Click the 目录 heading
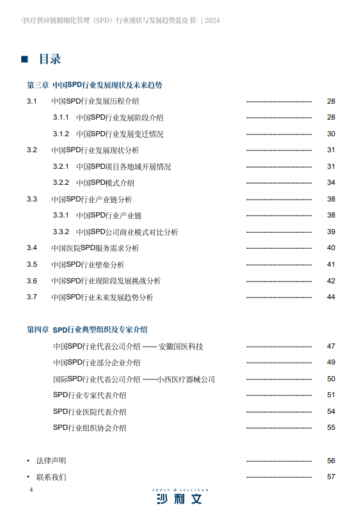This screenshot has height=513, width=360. tap(50, 59)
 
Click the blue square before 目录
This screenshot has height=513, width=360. tap(25, 59)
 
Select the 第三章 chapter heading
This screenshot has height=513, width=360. tap(94, 85)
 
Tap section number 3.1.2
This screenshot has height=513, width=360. tap(61, 134)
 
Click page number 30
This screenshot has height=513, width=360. tap(331, 134)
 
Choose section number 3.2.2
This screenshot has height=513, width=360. tap(61, 183)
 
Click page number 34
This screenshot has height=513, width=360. tap(331, 183)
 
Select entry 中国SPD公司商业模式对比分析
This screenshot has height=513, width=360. tap(127, 232)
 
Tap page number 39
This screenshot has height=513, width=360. tap(331, 232)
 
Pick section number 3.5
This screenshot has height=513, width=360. tap(32, 265)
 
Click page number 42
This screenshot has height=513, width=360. tap(331, 281)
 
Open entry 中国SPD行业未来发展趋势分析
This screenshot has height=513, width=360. tap(102, 297)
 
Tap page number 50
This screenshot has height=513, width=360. tap(331, 379)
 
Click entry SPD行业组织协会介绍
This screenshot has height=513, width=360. tap(90, 428)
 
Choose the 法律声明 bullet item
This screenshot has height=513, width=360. tap(51, 461)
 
